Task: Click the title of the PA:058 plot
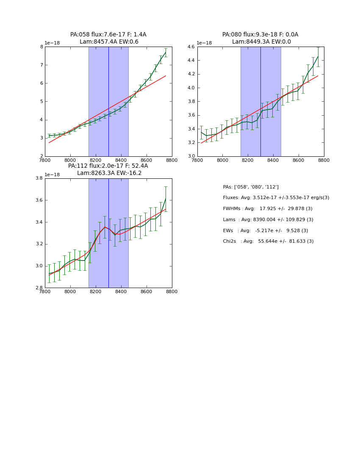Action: click(x=108, y=38)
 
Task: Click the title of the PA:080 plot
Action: click(x=260, y=38)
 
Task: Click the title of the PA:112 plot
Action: click(x=108, y=169)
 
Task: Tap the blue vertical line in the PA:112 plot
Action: click(x=108, y=233)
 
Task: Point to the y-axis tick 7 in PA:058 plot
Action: click(x=41, y=65)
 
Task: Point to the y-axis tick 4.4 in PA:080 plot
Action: click(x=191, y=61)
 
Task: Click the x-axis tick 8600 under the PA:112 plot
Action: click(x=147, y=291)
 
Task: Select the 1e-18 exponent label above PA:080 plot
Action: click(x=204, y=43)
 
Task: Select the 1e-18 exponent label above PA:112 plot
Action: click(x=52, y=175)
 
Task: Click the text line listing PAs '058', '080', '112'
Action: click(x=251, y=187)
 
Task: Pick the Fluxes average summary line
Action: click(x=276, y=198)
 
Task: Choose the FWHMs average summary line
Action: click(x=268, y=209)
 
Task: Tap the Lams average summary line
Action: click(x=268, y=220)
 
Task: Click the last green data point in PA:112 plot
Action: click(x=166, y=199)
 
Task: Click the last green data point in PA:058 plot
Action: click(x=166, y=53)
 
